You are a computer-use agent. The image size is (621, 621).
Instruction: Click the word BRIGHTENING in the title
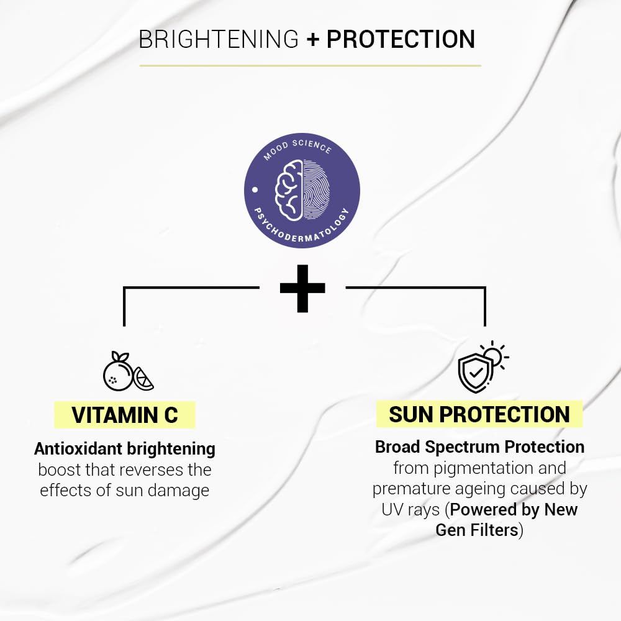tap(219, 39)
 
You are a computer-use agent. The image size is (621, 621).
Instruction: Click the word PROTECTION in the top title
tap(401, 39)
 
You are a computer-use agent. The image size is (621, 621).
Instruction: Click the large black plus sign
tap(302, 288)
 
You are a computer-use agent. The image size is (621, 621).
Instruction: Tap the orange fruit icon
tap(118, 373)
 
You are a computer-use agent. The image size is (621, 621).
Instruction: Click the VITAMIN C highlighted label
tap(125, 415)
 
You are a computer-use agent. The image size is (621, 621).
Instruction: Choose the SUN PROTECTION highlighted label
tap(479, 414)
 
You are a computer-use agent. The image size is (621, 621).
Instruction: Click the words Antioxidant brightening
tap(125, 448)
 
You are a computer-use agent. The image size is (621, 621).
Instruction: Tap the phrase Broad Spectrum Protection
tap(479, 446)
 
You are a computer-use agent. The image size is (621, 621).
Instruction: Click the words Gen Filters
tap(476, 530)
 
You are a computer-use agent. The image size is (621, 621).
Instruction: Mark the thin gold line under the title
tap(310, 65)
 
